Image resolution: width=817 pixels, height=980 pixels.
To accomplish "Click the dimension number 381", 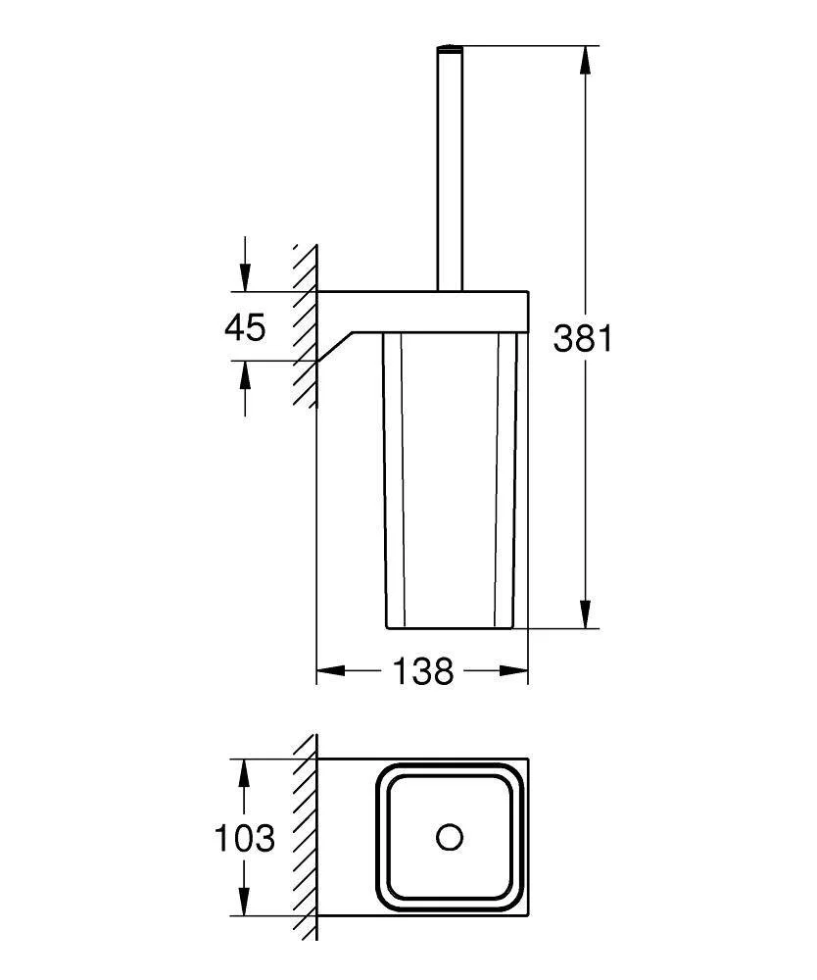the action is click(x=584, y=339).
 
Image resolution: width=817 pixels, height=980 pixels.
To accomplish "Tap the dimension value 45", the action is click(x=246, y=327).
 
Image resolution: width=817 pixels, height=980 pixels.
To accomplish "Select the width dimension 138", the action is click(x=423, y=671).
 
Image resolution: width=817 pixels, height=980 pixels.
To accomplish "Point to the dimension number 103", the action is click(x=244, y=838).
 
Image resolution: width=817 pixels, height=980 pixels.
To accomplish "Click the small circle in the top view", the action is click(x=450, y=838).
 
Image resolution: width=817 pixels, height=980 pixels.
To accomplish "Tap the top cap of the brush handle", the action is click(x=450, y=48).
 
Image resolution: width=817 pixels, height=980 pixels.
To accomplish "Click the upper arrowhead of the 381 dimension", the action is click(x=585, y=60).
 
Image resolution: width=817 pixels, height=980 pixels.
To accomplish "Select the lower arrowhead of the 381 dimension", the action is click(x=585, y=613).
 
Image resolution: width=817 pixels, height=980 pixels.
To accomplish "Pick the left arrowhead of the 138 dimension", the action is click(x=331, y=670).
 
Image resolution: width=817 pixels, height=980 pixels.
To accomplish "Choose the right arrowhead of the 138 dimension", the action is click(x=513, y=670).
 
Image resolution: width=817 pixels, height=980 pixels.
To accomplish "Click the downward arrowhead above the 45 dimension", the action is click(x=245, y=276).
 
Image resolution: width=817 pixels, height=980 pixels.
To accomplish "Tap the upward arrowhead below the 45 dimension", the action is click(x=245, y=375).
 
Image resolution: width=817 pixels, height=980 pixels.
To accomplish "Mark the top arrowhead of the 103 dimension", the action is click(x=245, y=774).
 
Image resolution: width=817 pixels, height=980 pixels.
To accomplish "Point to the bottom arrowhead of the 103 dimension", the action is click(x=245, y=901).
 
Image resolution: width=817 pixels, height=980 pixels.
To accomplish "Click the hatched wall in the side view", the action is click(x=306, y=325).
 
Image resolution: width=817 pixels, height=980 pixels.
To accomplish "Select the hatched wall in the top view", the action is click(x=306, y=838).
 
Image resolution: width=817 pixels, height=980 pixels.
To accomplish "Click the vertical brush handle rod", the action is click(x=450, y=169).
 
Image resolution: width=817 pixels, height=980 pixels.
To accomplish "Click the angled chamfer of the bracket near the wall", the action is click(x=336, y=347).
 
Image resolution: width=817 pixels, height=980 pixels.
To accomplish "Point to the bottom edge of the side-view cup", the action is click(x=451, y=627).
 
